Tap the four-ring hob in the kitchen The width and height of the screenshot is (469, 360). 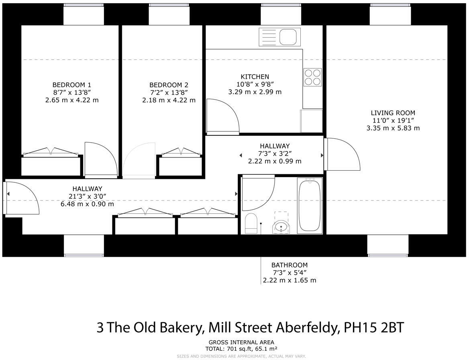(x=312, y=77)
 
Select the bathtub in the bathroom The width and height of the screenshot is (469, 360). (x=310, y=205)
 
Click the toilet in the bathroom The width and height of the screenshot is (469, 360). (x=251, y=223)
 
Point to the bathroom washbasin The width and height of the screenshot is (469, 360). (x=281, y=227)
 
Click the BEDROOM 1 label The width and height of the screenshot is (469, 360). (x=72, y=85)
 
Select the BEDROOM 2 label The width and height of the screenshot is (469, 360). (x=169, y=85)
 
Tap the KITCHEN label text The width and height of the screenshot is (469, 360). (x=255, y=77)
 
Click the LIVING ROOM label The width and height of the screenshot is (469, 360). (x=393, y=113)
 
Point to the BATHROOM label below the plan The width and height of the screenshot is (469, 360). (x=289, y=265)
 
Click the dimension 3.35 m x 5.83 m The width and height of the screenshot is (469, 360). (x=393, y=128)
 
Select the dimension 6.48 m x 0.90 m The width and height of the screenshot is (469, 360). (x=87, y=204)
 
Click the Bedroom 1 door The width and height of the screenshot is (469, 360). (x=100, y=160)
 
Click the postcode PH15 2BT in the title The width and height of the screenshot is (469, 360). (x=373, y=327)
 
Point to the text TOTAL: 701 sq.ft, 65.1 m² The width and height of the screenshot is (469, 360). (x=241, y=349)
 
